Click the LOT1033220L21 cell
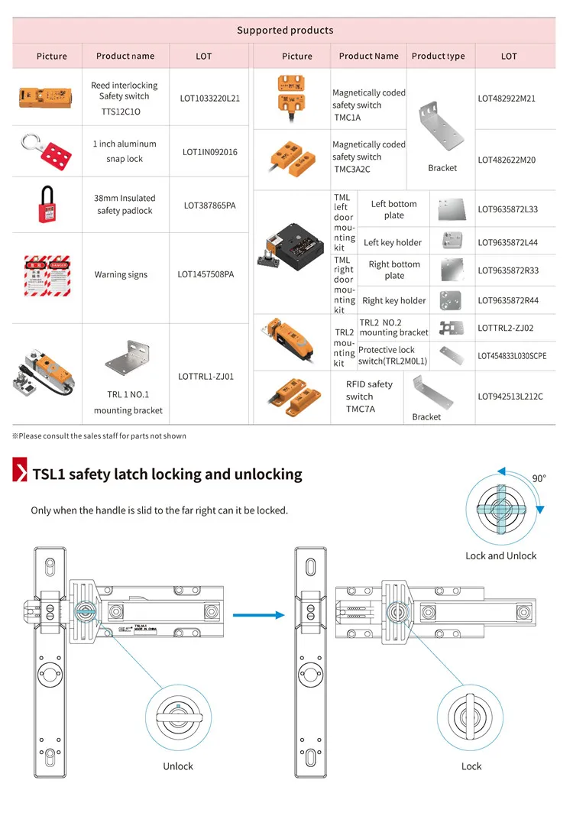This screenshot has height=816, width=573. (209, 99)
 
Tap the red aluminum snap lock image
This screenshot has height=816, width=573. (47, 151)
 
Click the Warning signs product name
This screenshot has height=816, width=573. (121, 274)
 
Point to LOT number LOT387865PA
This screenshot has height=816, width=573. (209, 206)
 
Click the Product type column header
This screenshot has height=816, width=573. (438, 56)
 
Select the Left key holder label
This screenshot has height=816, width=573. (393, 242)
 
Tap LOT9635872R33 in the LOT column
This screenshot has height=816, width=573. (508, 270)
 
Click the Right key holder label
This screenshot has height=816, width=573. (393, 300)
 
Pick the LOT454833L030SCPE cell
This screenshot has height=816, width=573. (512, 355)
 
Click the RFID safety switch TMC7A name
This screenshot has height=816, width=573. (369, 397)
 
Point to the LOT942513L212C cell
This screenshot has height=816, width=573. (510, 397)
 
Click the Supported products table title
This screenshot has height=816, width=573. (284, 31)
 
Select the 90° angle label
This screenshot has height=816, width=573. (539, 478)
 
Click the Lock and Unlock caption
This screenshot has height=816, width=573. (500, 555)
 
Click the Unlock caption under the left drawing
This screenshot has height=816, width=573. (177, 766)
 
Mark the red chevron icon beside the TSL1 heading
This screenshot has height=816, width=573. (20, 473)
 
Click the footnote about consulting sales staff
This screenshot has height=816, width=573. (99, 436)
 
